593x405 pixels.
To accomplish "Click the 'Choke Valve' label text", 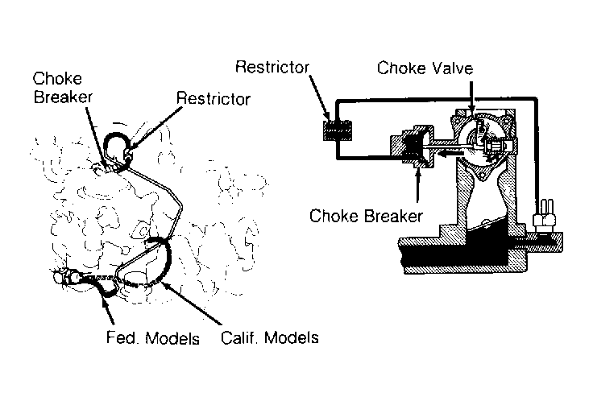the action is coord(425,68).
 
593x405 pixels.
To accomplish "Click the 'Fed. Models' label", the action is coord(153,337).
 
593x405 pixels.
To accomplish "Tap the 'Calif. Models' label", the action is coord(270,337).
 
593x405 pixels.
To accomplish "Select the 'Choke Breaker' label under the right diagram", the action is coord(366,216).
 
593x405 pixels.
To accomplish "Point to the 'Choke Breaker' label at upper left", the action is coord(63,88).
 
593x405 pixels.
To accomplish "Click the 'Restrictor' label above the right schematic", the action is coord(272,68).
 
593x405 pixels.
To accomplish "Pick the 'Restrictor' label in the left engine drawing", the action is coord(214,99).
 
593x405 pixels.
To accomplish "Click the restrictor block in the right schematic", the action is coord(338,130).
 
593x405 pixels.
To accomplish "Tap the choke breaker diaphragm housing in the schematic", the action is coord(413,147).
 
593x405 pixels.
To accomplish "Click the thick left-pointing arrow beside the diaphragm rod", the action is coord(450,153).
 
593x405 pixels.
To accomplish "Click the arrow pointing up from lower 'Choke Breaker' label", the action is coord(418,186).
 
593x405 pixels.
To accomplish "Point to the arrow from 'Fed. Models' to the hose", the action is coord(108,309).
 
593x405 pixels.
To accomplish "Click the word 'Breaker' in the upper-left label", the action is coord(63,97).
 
